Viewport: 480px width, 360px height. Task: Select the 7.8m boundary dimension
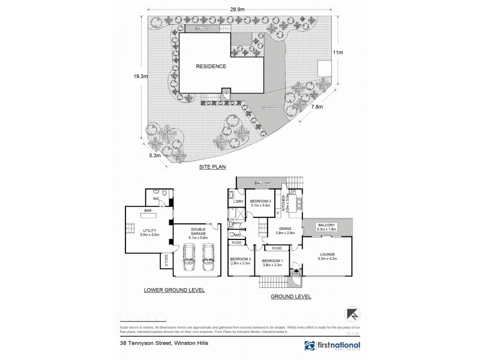click(x=316, y=107)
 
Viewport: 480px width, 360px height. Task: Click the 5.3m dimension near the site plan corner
click(x=154, y=154)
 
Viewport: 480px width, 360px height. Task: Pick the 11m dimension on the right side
click(x=338, y=53)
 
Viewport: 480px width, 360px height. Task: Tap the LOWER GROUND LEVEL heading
click(x=174, y=290)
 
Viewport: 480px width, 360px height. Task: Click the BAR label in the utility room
click(x=146, y=212)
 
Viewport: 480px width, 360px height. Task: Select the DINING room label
click(x=285, y=229)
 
